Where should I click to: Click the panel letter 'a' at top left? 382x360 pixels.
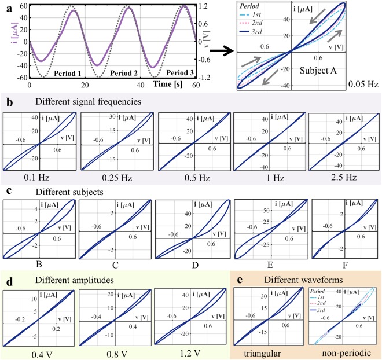pos(6,5)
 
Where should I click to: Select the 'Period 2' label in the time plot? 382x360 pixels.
pos(117,74)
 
